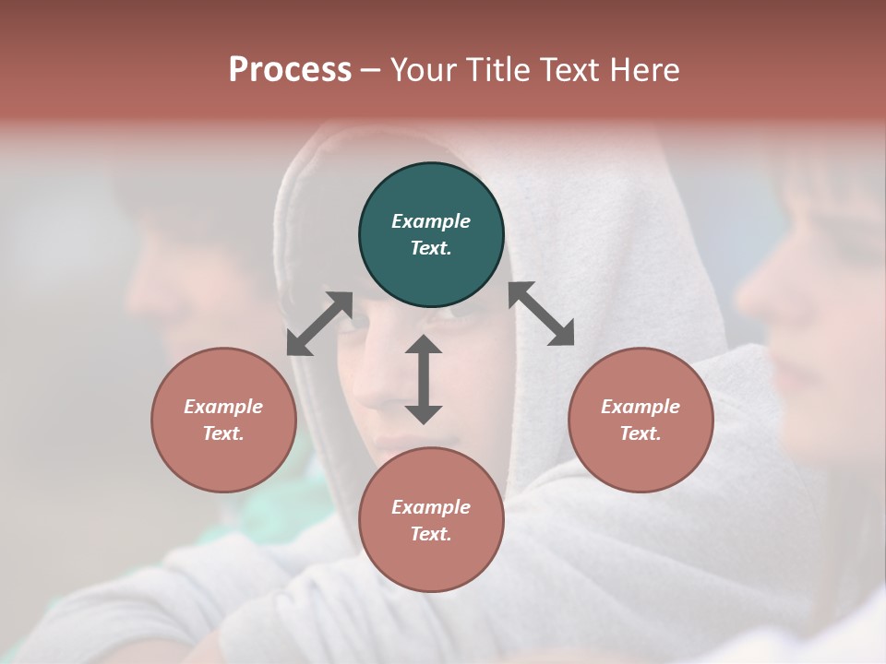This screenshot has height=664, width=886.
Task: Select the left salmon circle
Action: (223, 420)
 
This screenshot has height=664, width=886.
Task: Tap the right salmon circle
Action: (641, 420)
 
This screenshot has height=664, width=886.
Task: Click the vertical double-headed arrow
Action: (424, 379)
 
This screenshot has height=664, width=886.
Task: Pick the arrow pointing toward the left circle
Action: (319, 324)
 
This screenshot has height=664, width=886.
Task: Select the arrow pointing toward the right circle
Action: (542, 314)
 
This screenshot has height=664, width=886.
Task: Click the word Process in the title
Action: (290, 69)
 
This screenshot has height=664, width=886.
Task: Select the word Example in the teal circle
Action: (431, 221)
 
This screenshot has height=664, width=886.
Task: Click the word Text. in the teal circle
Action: (431, 248)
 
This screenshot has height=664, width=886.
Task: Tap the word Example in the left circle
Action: (223, 407)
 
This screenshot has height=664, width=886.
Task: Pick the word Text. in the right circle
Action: (641, 433)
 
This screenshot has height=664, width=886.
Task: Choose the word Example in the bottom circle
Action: (431, 507)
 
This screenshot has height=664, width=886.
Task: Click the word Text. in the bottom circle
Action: (431, 534)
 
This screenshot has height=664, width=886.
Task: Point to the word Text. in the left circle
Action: (223, 433)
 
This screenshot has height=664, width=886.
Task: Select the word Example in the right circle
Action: (641, 407)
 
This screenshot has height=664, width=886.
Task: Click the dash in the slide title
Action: (371, 70)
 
